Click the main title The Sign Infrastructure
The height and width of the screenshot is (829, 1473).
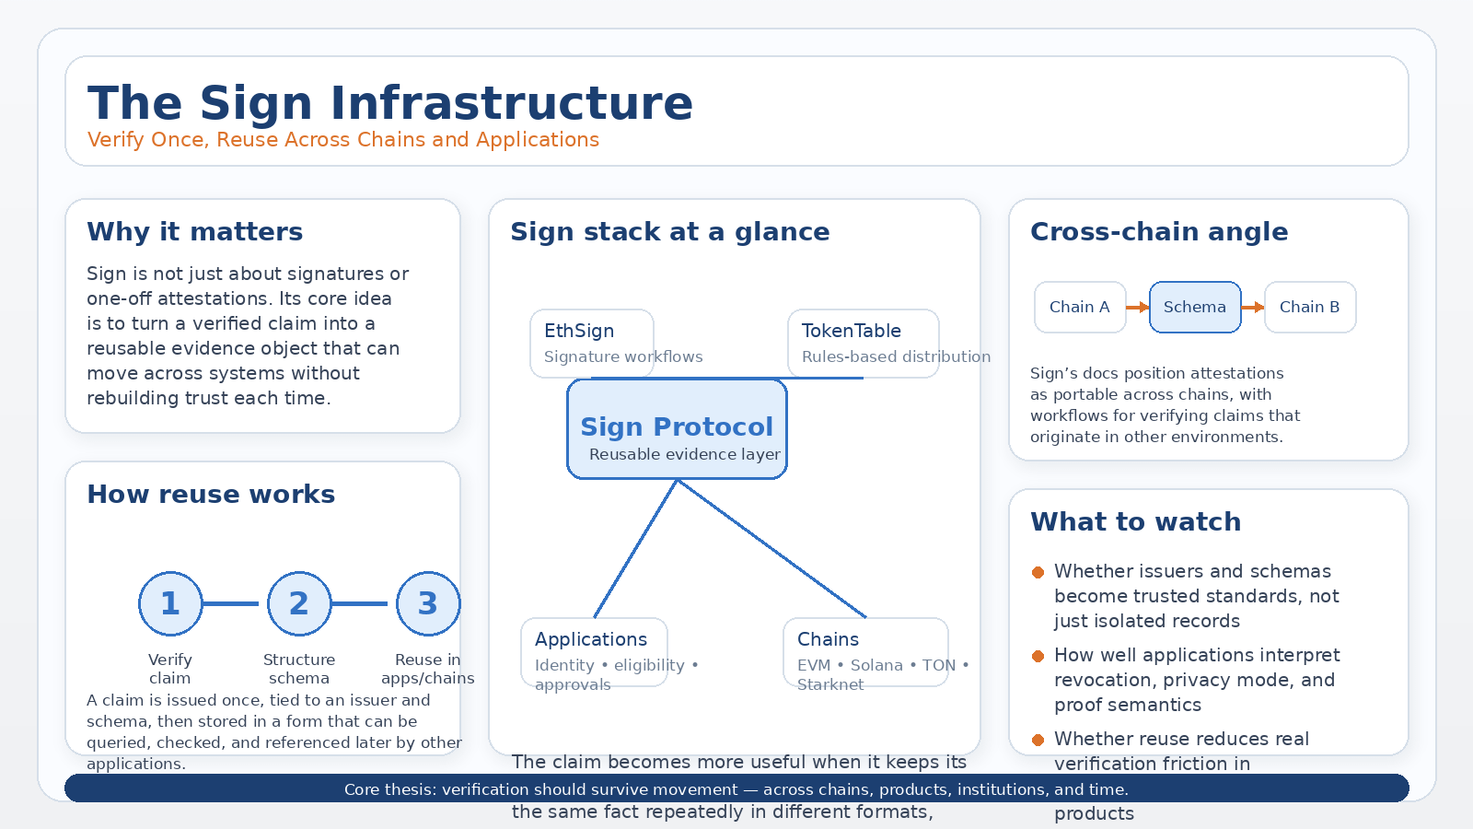[389, 103]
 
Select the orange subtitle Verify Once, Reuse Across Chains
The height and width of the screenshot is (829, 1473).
[342, 140]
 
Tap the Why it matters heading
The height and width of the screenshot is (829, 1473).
[194, 232]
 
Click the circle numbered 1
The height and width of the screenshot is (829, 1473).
[170, 603]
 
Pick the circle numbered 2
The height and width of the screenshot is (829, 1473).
[299, 603]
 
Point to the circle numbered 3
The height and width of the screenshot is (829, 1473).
[428, 603]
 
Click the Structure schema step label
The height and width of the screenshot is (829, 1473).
[299, 669]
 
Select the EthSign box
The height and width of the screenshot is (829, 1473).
[591, 343]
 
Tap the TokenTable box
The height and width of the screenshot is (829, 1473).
[863, 343]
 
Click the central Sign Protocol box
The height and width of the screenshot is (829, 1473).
[677, 429]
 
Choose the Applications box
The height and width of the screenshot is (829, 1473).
[594, 652]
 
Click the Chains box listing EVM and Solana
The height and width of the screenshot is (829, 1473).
[865, 652]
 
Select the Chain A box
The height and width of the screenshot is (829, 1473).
[1080, 307]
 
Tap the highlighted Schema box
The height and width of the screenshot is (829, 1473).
[1195, 307]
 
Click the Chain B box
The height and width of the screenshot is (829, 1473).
[1309, 307]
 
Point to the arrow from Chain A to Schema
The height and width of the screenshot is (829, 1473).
[1138, 307]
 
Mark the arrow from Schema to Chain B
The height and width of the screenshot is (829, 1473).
[1253, 307]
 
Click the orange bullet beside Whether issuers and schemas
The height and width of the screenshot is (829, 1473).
[1038, 572]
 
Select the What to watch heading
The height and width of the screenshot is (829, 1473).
[1135, 522]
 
